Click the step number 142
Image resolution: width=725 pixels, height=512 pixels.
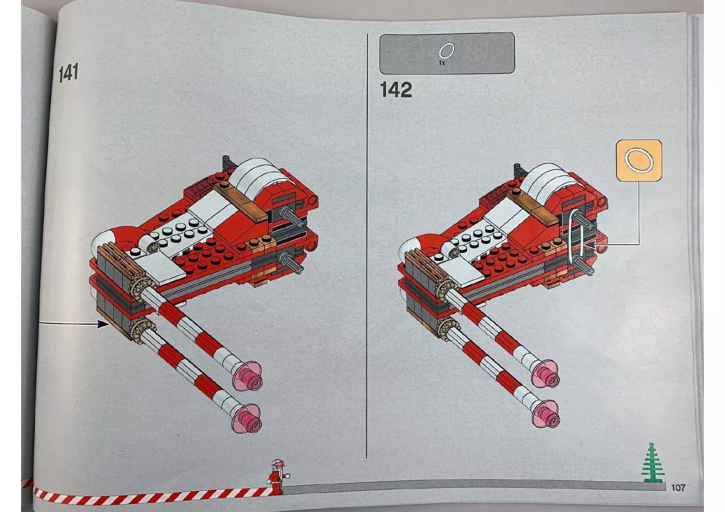(x=395, y=90)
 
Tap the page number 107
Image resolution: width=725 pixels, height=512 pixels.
(x=678, y=488)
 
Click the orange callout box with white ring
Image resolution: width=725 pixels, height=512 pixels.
(x=639, y=161)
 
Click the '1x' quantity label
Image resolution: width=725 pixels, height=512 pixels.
(x=442, y=63)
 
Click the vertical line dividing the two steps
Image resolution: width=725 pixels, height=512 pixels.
(x=367, y=248)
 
